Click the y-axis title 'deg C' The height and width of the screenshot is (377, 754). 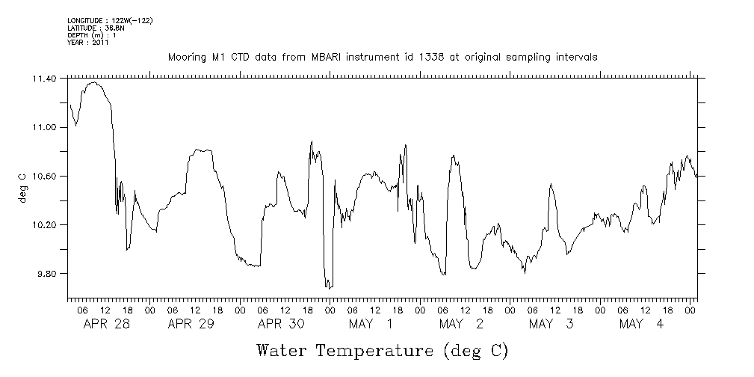tap(22, 187)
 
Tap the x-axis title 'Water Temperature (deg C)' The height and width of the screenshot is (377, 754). tap(382, 350)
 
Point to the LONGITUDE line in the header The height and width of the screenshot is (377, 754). tap(110, 20)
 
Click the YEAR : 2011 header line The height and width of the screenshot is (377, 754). tap(88, 43)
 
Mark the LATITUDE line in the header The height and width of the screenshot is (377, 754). tap(95, 28)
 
